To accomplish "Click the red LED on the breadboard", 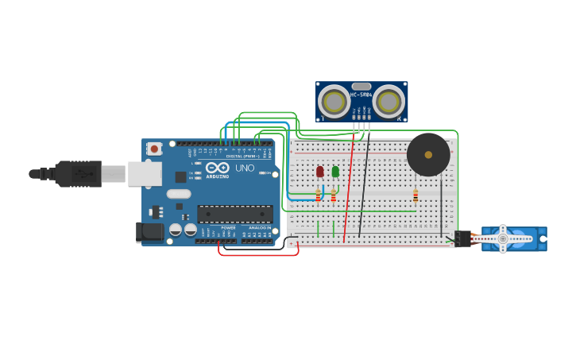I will (x=319, y=171).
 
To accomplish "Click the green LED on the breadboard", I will (x=335, y=171).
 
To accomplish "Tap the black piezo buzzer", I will (x=428, y=154).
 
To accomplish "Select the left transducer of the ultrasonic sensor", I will (x=334, y=101).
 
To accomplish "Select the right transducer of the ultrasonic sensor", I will (x=389, y=101).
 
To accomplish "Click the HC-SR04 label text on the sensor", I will (x=361, y=95).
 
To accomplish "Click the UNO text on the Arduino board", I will (x=245, y=168).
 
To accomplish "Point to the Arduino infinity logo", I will (x=218, y=168).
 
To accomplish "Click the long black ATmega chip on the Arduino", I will (x=234, y=214).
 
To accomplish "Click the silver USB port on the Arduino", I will (x=145, y=173).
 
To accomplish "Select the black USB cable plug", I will (x=78, y=173).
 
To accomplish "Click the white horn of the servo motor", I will (x=502, y=238).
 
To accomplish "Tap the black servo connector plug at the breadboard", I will (x=463, y=238).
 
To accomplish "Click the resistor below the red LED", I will (x=319, y=195).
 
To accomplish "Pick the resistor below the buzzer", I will (x=415, y=195).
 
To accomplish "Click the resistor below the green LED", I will (x=333, y=196).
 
